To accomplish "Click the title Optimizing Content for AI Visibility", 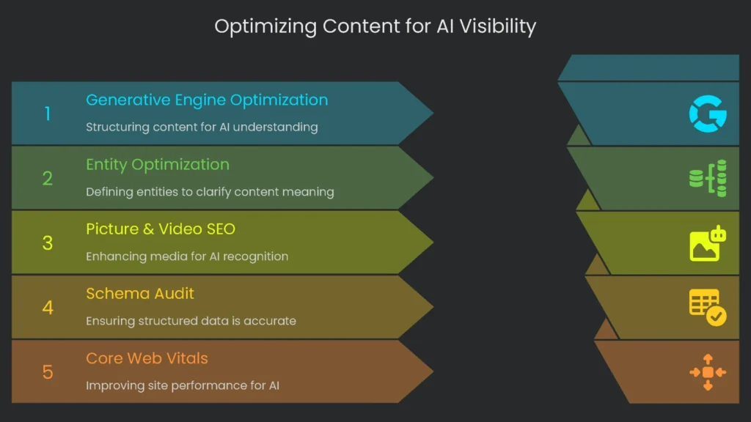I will coord(375,27).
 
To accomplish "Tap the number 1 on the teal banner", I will coord(48,114).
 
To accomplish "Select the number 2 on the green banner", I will coord(48,178).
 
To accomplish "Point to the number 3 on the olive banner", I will coord(48,243).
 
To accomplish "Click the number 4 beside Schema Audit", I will coord(48,307).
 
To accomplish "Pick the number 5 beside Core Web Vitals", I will coord(48,371).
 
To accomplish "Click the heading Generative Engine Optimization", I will coord(207,100).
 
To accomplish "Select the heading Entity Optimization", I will coord(158,164).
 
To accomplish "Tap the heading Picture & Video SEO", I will coord(161,229).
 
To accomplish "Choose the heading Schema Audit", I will coord(140,294).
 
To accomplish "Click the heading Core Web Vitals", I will coord(147,358).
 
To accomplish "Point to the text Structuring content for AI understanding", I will coord(202,127).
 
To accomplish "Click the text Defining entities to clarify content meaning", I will coord(210,192).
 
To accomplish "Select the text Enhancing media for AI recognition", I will coord(187,256).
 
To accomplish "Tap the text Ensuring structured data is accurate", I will coord(191,321).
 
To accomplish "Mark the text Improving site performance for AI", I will coord(183,385).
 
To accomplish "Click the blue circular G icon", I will coord(707,114).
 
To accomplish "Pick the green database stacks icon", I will coord(708,178).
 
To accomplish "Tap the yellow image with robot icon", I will coord(708,243).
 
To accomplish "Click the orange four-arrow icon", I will coord(708,372).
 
